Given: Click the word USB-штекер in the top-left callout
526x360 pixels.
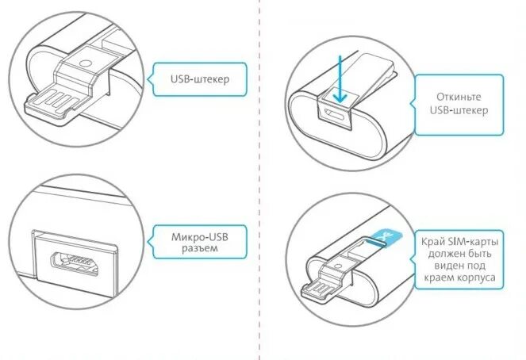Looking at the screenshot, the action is [197, 79].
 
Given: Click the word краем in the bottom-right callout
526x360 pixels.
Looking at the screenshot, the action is [442, 278].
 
